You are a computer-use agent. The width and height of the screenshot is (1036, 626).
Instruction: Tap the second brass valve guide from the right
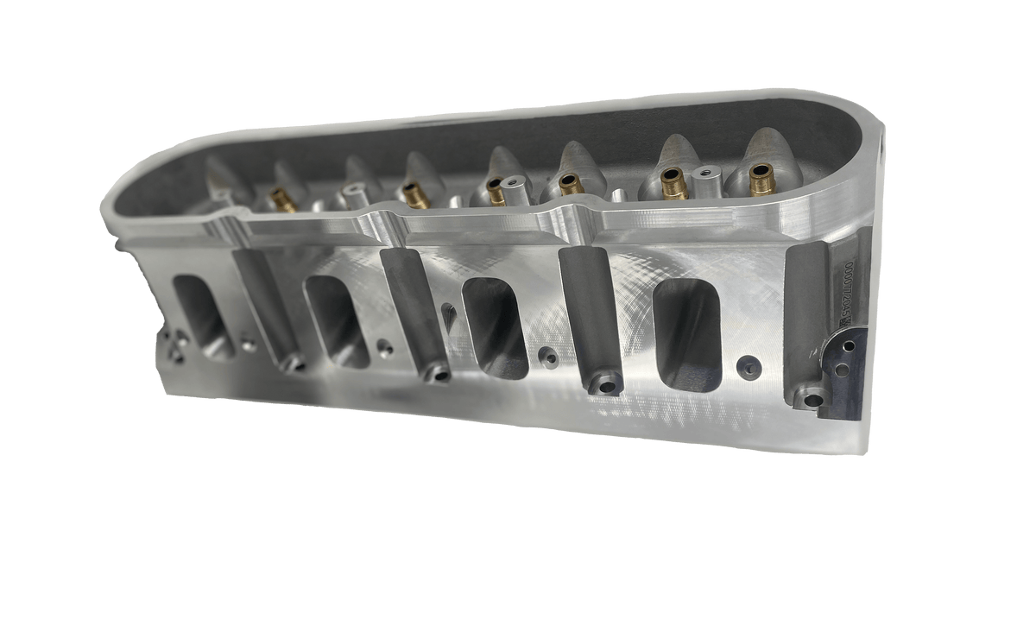click(670, 181)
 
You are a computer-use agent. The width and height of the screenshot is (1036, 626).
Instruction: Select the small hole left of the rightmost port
click(545, 354)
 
